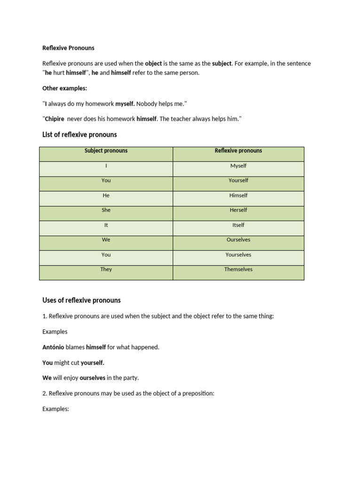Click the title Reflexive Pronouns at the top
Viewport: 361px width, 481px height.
click(68, 48)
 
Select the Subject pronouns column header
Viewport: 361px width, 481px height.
click(106, 151)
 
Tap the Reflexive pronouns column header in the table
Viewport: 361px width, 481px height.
click(238, 151)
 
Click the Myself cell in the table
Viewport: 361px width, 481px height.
click(238, 166)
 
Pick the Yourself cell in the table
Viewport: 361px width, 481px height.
click(238, 180)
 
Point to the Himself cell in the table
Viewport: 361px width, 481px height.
click(238, 195)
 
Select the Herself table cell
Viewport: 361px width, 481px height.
click(238, 210)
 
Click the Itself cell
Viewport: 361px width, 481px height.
click(238, 225)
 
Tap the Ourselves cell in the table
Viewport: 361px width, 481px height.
click(238, 240)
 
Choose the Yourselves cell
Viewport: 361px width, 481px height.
click(238, 255)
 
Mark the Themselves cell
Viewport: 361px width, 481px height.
click(238, 269)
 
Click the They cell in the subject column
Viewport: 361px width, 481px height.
click(106, 269)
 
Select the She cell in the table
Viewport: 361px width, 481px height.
click(106, 210)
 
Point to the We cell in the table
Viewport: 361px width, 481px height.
click(106, 240)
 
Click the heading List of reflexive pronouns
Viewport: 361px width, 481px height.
click(79, 135)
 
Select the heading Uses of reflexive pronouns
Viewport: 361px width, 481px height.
click(81, 300)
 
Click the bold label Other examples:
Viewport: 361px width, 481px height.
click(64, 88)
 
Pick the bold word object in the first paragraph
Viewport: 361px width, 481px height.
click(153, 63)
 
